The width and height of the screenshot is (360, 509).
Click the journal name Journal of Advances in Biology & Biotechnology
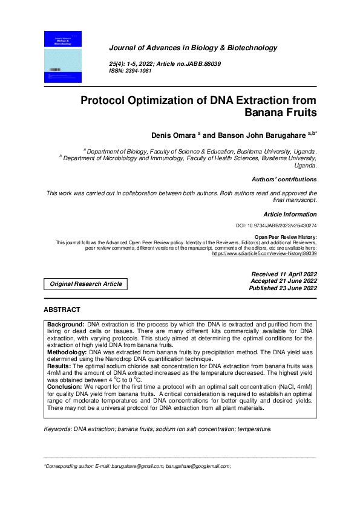(x=192, y=48)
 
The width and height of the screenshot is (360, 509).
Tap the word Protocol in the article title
(x=110, y=100)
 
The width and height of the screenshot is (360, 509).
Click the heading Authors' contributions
(x=284, y=180)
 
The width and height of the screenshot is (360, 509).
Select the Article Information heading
(x=290, y=215)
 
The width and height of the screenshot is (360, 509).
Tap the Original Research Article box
(x=85, y=284)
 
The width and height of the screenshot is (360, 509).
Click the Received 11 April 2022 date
(x=284, y=274)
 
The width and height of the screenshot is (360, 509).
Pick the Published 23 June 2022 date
(x=283, y=288)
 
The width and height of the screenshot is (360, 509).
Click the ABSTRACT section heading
(x=62, y=310)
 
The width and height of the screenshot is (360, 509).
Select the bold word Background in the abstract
(x=67, y=325)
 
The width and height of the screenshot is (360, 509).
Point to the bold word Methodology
(x=67, y=351)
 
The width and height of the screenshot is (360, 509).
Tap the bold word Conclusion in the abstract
(x=65, y=386)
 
